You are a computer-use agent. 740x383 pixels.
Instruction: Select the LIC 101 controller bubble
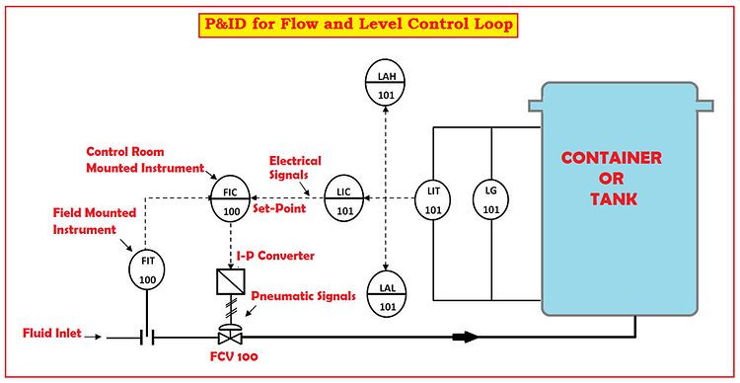344,200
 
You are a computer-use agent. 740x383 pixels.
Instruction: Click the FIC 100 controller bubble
231,200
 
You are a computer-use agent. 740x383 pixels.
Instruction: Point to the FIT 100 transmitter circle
147,269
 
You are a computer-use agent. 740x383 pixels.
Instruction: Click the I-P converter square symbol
231,282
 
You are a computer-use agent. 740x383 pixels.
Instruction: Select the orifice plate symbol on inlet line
149,337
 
